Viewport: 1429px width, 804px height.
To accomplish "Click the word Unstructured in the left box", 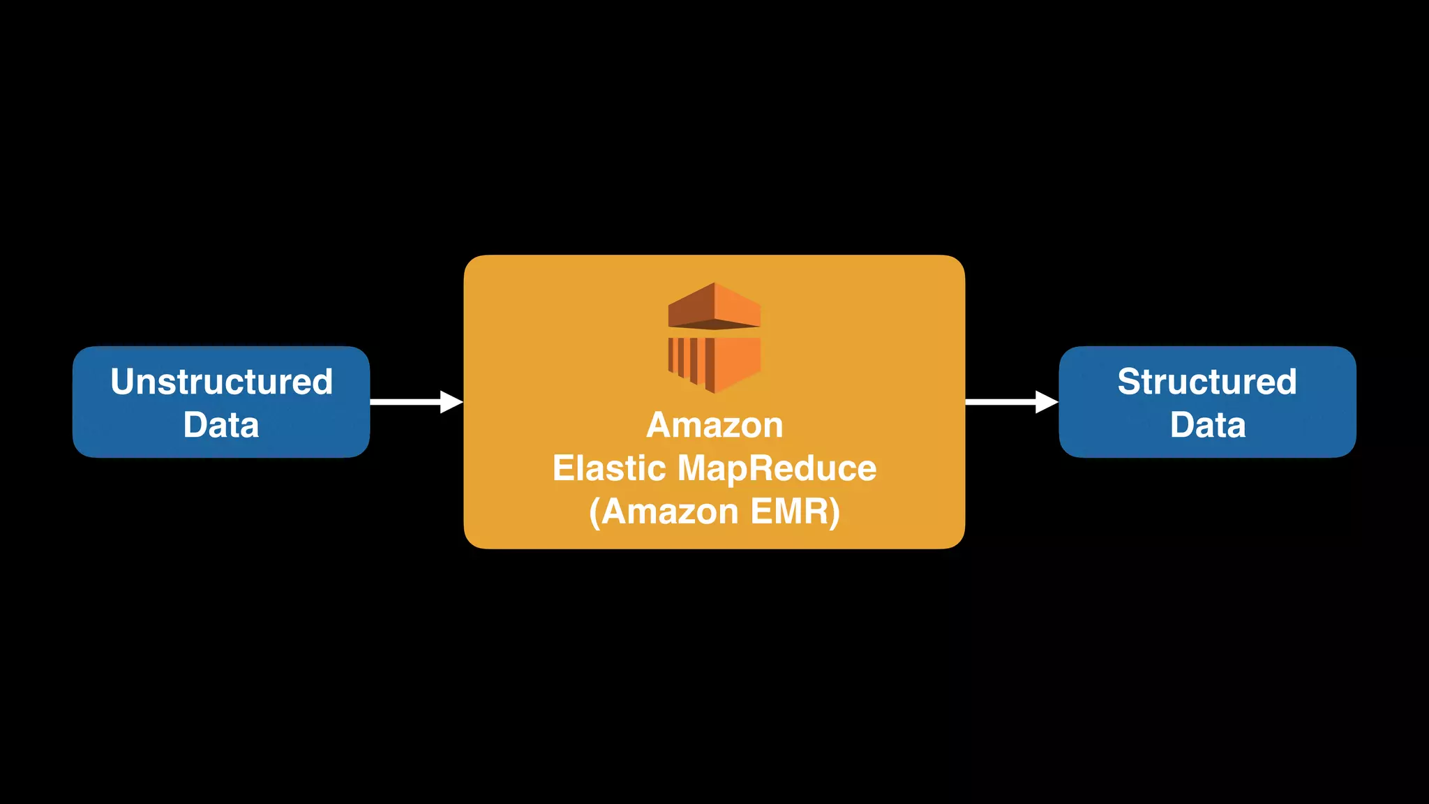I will click(x=221, y=382).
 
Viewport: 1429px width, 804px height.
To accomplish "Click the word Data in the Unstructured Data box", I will click(x=221, y=425).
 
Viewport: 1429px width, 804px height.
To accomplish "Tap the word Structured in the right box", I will click(x=1207, y=382).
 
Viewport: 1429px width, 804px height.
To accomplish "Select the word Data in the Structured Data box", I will click(x=1208, y=425).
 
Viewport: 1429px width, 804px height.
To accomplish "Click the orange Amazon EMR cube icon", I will click(x=714, y=338).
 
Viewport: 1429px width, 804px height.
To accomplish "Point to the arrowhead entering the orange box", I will click(x=452, y=402).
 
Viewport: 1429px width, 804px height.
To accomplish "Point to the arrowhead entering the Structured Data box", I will click(x=1047, y=402).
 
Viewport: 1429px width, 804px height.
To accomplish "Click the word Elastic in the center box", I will click(x=608, y=468).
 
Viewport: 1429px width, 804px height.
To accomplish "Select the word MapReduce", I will click(x=777, y=468).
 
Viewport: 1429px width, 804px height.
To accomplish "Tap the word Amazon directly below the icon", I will click(x=714, y=425).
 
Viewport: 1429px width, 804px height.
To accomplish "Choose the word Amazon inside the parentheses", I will click(x=670, y=512).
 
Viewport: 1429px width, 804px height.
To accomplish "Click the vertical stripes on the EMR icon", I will click(x=687, y=360).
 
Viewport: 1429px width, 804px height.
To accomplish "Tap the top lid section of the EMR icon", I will click(x=714, y=306).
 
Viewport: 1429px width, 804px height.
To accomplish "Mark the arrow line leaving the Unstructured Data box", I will click(x=405, y=402).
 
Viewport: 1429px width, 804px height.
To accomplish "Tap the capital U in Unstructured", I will click(x=123, y=382).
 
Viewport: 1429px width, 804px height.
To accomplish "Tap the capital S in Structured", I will click(x=1129, y=382).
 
